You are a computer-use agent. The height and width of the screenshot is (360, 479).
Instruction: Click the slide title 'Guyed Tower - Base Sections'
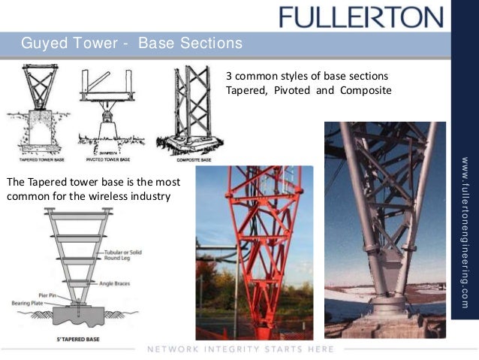point(131,43)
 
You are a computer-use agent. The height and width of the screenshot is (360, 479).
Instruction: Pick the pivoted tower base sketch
point(107,109)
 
